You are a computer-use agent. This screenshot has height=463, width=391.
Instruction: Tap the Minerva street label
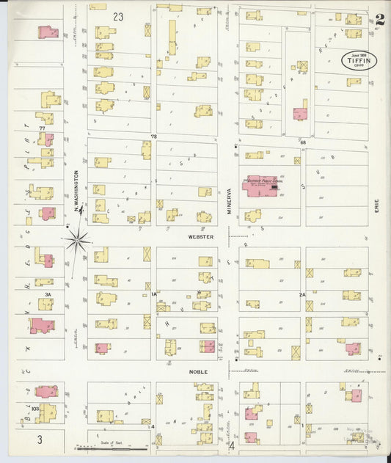tap(228, 201)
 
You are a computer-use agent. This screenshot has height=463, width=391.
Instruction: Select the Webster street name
tap(200, 237)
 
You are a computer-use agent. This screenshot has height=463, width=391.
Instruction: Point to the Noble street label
tap(200, 371)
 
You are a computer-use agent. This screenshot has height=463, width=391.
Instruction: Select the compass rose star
tap(77, 238)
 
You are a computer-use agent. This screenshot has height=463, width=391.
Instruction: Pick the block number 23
tap(118, 15)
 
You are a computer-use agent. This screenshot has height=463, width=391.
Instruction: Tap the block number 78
tap(154, 136)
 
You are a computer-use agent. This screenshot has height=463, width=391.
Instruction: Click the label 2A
tap(302, 294)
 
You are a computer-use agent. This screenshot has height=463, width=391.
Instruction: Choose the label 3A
tap(48, 294)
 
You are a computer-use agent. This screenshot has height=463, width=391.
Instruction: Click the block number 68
tap(302, 142)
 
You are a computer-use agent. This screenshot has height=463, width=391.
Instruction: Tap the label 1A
tap(155, 294)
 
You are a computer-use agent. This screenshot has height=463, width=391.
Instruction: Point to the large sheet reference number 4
tap(230, 445)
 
